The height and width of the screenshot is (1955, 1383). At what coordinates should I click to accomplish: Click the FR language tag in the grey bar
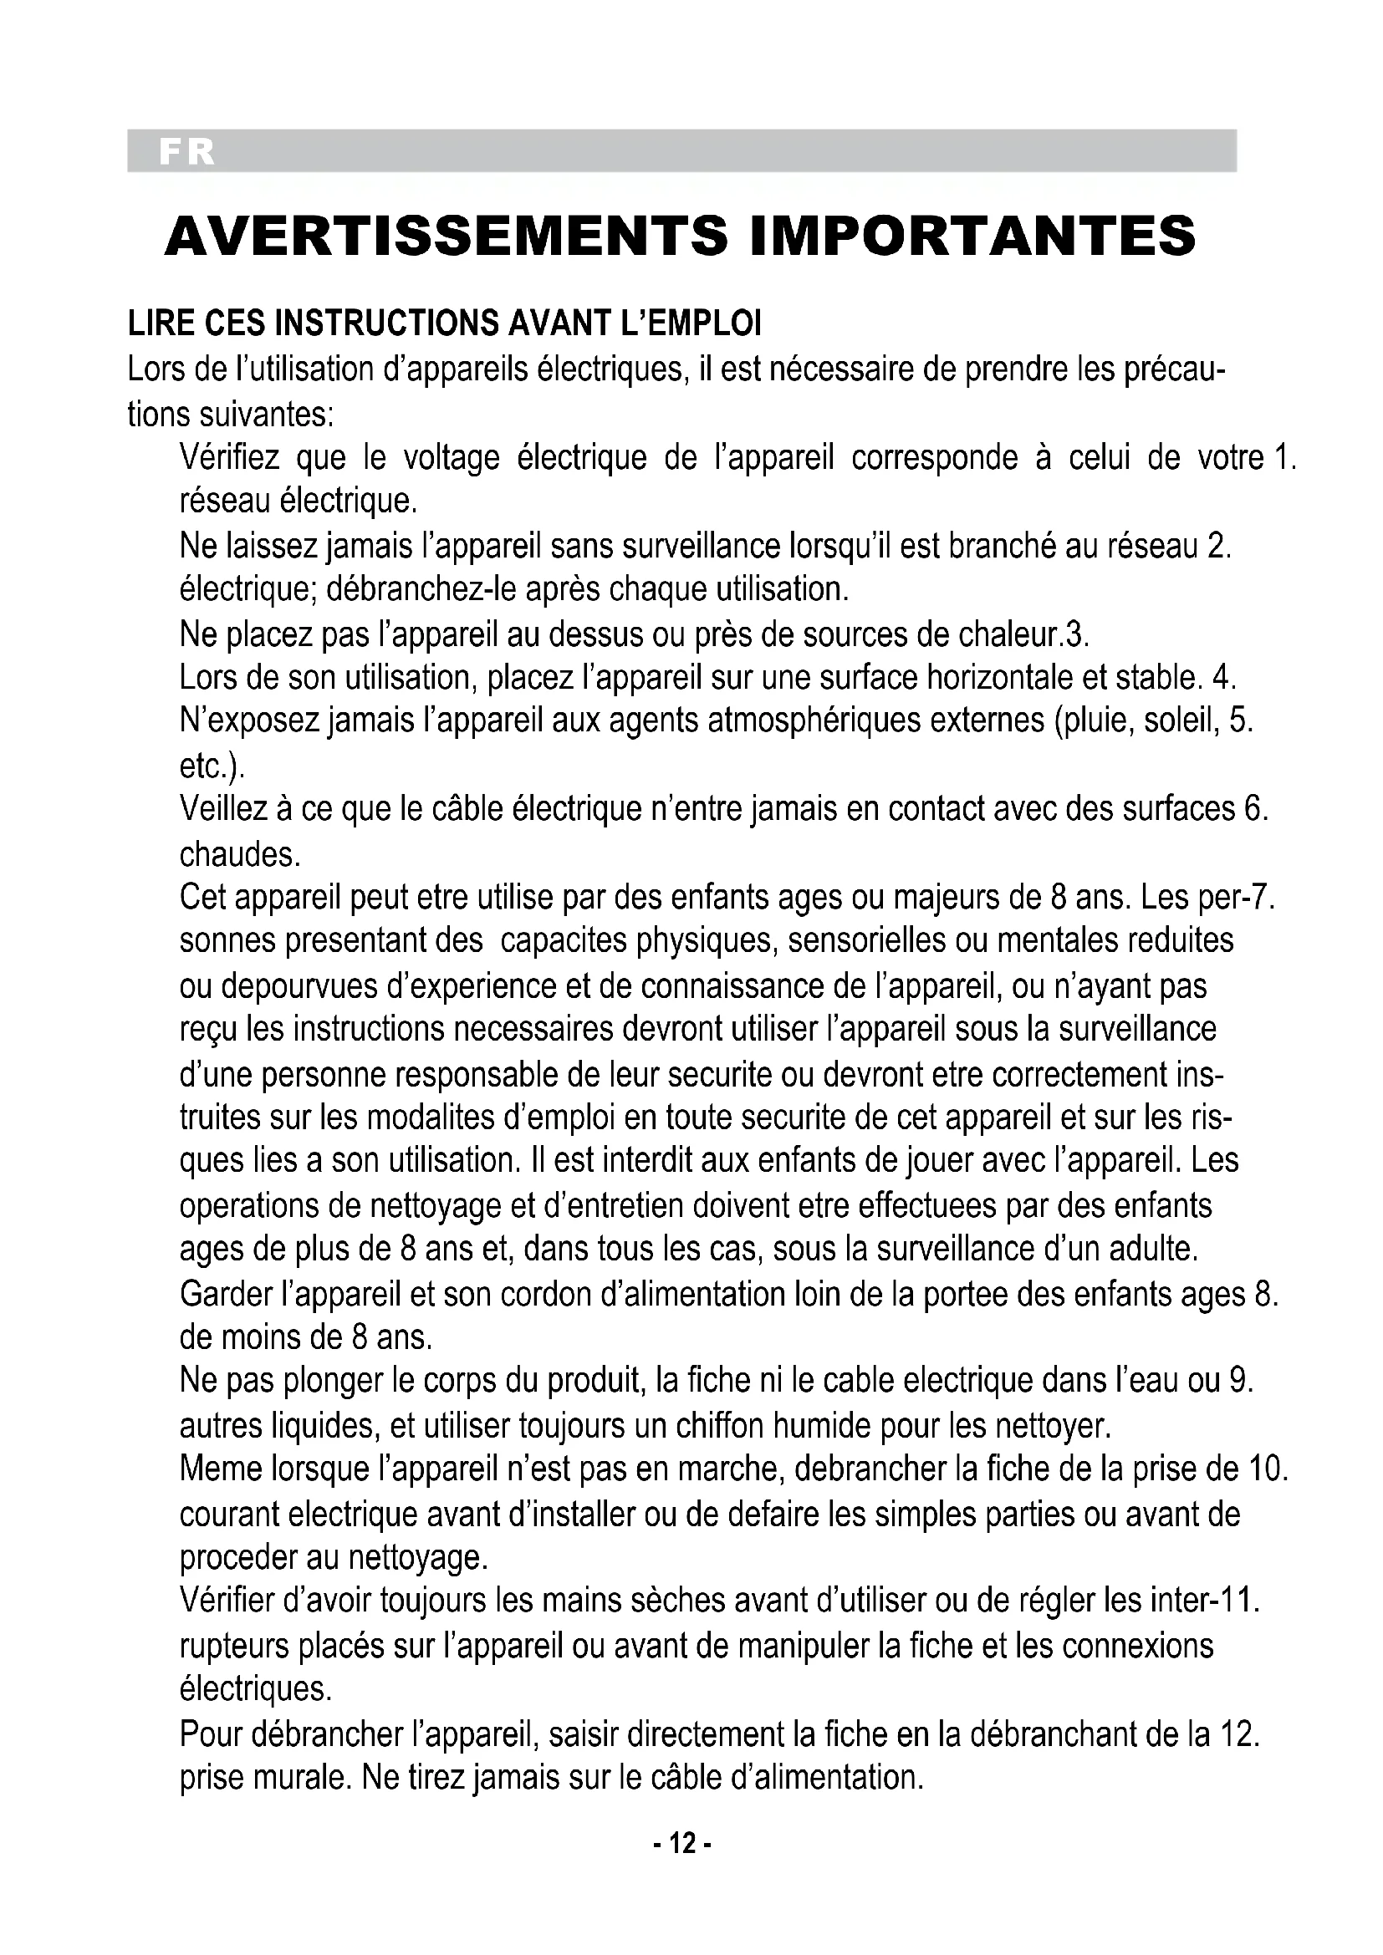click(186, 151)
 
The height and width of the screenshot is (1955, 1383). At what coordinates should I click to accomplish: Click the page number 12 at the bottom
click(682, 1844)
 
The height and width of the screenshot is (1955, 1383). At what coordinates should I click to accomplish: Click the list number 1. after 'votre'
click(1284, 458)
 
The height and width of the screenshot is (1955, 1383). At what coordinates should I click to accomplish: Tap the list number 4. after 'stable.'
click(1224, 677)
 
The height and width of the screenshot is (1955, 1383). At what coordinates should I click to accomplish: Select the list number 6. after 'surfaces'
click(1256, 809)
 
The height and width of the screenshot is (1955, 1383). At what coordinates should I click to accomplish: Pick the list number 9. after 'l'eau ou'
click(1243, 1379)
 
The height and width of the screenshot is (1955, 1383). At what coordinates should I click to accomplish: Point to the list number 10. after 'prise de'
click(1268, 1468)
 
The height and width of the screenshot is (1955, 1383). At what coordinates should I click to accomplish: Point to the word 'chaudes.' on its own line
click(240, 853)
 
